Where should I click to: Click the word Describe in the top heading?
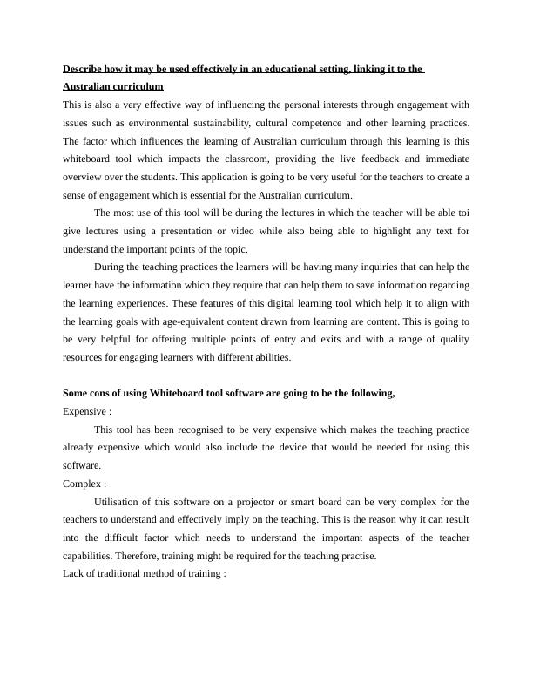click(x=84, y=69)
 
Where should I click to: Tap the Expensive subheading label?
click(x=84, y=411)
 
